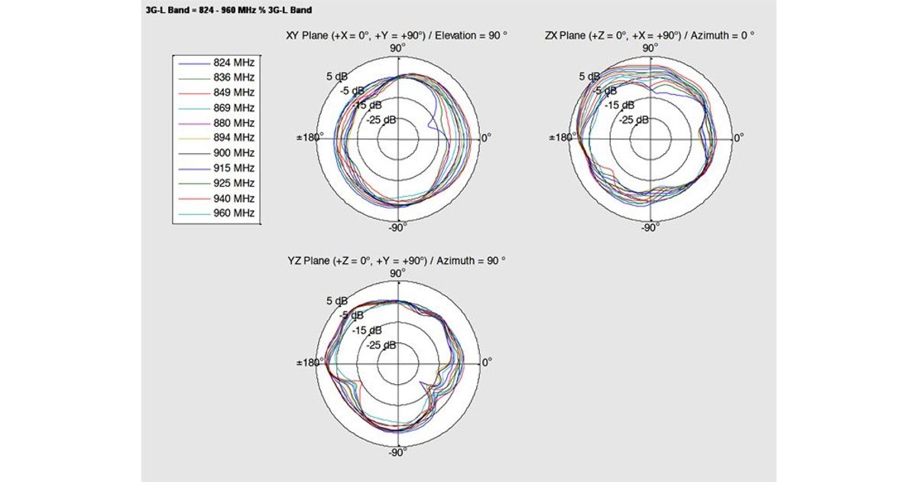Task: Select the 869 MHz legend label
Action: click(234, 108)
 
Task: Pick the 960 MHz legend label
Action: click(234, 213)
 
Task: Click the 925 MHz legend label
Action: click(234, 183)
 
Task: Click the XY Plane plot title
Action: click(397, 36)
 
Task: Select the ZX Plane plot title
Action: click(650, 36)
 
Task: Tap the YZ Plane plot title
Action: click(397, 261)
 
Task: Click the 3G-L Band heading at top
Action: click(228, 10)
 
